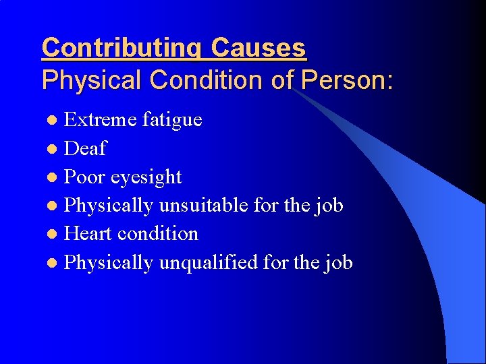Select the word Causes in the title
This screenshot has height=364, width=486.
click(259, 49)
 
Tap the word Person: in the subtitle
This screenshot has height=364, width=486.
click(347, 80)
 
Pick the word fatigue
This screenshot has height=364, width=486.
click(172, 120)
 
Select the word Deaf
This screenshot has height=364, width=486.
click(85, 148)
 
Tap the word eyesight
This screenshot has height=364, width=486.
click(146, 177)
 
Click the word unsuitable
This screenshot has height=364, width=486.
click(204, 205)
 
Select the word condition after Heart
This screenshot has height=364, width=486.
click(157, 233)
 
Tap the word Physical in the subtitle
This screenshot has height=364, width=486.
click(92, 80)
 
